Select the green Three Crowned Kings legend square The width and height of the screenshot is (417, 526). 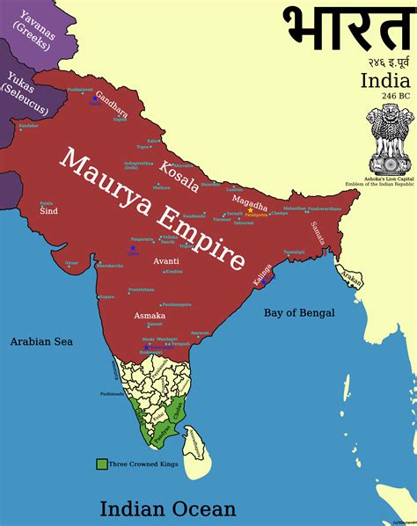pyautogui.click(x=101, y=462)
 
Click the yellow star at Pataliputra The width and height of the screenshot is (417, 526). pyautogui.click(x=250, y=209)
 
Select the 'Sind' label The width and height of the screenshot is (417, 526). pyautogui.click(x=48, y=211)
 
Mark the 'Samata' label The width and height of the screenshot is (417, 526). pyautogui.click(x=318, y=232)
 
